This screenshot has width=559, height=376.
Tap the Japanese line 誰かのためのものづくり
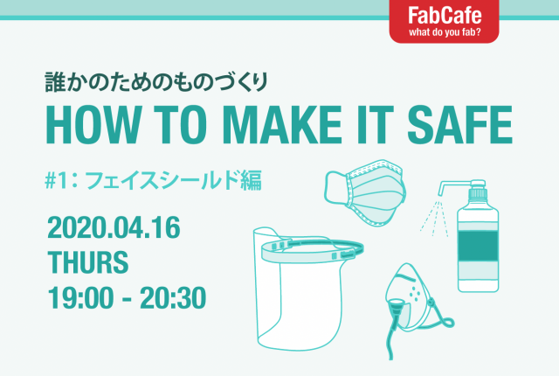[x=161, y=83]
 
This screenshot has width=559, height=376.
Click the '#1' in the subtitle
[x=57, y=180]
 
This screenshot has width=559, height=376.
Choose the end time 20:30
[x=174, y=297]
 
